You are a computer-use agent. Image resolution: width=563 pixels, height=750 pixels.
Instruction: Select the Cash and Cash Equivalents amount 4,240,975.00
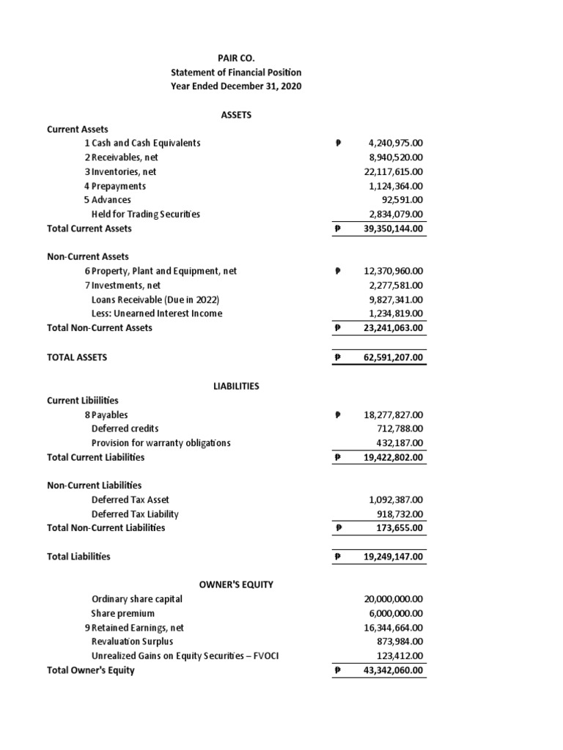coord(393,144)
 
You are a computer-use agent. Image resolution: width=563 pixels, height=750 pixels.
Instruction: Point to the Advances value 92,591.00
coord(402,200)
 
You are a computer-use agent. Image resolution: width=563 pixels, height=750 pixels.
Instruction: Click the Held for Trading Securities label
coord(145,215)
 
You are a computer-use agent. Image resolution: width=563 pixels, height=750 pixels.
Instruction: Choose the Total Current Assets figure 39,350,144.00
coord(393,229)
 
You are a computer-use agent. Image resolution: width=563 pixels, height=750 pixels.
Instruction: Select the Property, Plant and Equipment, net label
coord(161,271)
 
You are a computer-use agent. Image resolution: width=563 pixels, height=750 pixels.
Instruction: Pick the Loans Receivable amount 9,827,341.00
coord(394,300)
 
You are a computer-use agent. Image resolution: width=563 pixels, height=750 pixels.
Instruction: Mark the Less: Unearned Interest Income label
coord(156,313)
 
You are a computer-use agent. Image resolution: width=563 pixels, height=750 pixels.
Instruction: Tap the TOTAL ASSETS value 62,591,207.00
coord(393,357)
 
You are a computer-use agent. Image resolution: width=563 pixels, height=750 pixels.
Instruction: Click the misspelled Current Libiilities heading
coord(82,401)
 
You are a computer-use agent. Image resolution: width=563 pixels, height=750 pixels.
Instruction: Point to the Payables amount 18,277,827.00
coord(393,415)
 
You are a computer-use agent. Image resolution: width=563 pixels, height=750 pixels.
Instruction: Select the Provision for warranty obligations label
coord(161,443)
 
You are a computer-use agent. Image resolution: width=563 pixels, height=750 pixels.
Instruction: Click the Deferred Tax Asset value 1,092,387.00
coord(394,500)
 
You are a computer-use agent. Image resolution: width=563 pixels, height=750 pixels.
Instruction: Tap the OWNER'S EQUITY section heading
coord(236,584)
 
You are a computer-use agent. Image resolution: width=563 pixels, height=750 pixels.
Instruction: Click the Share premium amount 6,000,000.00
coord(394,613)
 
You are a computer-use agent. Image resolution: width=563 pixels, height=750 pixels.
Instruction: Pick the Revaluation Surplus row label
coord(132,642)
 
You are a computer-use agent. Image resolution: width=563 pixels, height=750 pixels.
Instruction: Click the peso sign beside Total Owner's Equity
coord(336,670)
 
